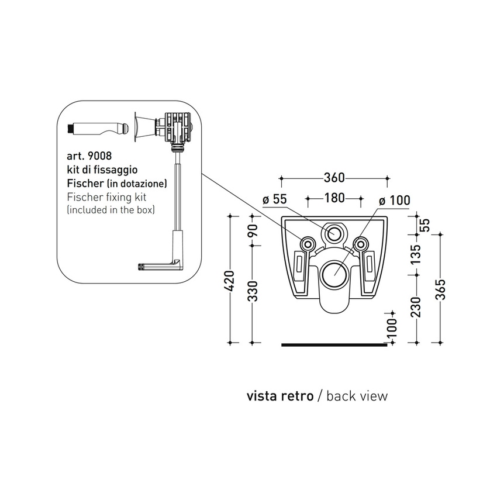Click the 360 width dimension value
[334, 177]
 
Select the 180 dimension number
[334, 198]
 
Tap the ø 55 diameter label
[275, 199]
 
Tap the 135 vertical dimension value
[416, 255]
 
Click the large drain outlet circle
[335, 273]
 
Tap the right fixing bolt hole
[361, 243]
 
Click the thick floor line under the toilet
[334, 345]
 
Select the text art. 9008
[89, 157]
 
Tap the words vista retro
[279, 396]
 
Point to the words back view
[356, 396]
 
